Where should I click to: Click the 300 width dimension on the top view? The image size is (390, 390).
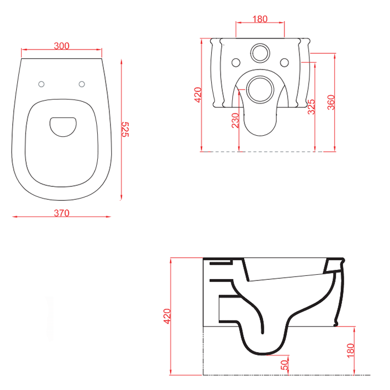click(62, 46)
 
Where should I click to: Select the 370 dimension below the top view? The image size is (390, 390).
click(62, 213)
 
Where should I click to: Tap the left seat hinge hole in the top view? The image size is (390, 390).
click(41, 84)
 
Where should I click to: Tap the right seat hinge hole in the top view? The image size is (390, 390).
click(82, 84)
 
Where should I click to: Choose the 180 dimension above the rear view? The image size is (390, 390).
click(260, 19)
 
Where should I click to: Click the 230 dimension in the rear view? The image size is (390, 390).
click(236, 120)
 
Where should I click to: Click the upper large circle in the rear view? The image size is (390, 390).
click(259, 53)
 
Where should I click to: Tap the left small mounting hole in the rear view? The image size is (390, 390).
click(236, 62)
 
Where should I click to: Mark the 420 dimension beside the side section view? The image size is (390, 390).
click(167, 315)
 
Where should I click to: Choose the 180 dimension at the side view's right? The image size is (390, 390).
click(350, 350)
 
